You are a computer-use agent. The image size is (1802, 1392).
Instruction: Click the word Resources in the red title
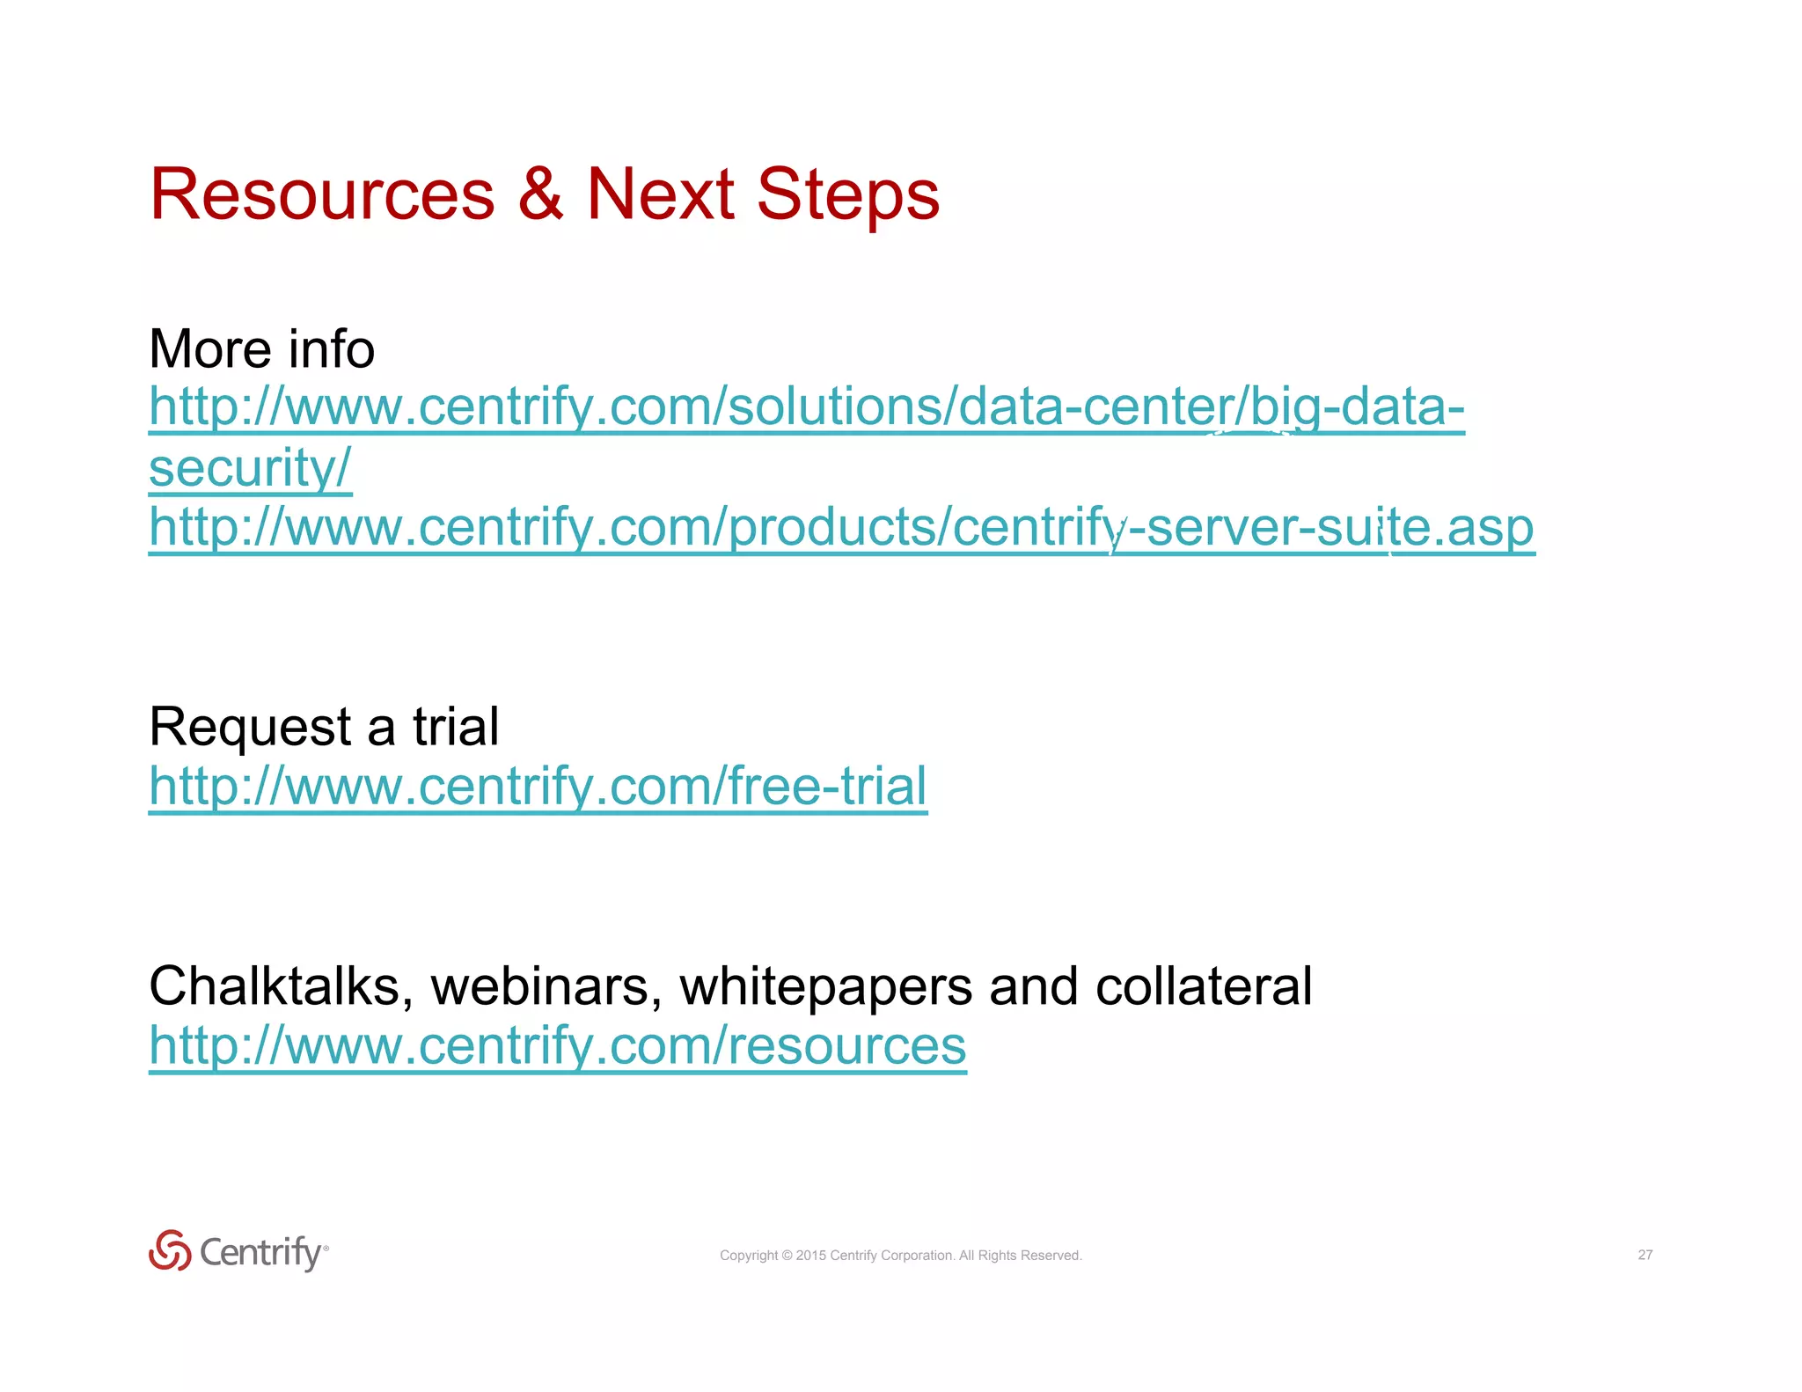[322, 194]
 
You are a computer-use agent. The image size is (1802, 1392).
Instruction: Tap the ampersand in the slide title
[540, 194]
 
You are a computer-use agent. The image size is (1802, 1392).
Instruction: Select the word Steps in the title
[847, 194]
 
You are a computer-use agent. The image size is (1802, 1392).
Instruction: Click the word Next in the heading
[660, 194]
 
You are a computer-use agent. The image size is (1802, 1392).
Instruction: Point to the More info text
[262, 349]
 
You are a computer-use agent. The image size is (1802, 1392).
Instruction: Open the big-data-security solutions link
[806, 407]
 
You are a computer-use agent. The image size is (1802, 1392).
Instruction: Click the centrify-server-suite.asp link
[841, 528]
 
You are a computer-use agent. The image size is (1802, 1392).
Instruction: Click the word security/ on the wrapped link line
[250, 467]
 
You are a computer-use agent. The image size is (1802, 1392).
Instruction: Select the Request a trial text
[324, 728]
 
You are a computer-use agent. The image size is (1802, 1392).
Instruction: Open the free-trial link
[538, 786]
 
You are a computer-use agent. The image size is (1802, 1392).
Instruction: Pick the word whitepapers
[825, 986]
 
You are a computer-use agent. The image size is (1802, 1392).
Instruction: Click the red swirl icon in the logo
[170, 1250]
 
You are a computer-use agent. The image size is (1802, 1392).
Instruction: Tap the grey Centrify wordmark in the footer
[261, 1252]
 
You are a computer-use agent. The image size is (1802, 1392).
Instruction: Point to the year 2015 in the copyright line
[810, 1256]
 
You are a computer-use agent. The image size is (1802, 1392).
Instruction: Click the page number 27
[1645, 1255]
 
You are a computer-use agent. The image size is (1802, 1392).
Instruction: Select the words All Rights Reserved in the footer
[1020, 1256]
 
